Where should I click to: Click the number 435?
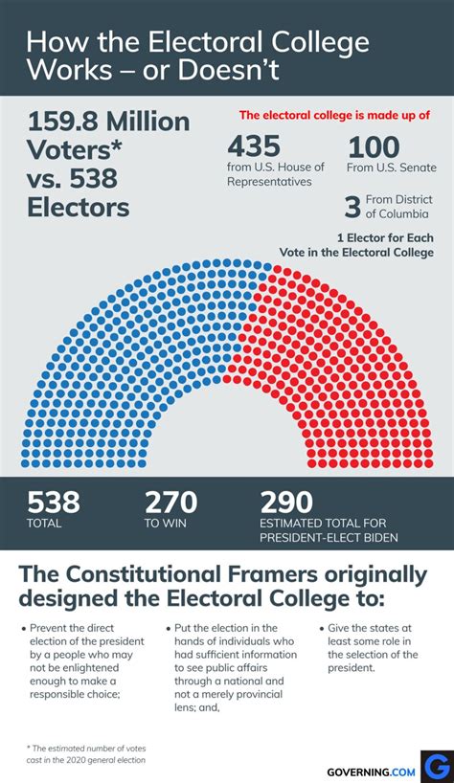point(254,146)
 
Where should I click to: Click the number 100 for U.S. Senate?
point(374,146)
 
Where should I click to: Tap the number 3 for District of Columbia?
point(352,206)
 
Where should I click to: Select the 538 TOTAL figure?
point(54,502)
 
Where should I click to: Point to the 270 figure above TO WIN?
point(170,502)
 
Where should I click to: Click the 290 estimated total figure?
point(286,502)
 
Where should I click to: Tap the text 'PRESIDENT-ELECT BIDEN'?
point(329,537)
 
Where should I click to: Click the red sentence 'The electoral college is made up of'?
point(334,116)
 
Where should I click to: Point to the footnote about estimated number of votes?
point(87,753)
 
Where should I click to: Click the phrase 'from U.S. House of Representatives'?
point(276,174)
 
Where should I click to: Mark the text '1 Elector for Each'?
point(385,237)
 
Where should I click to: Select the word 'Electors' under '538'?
point(78,207)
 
